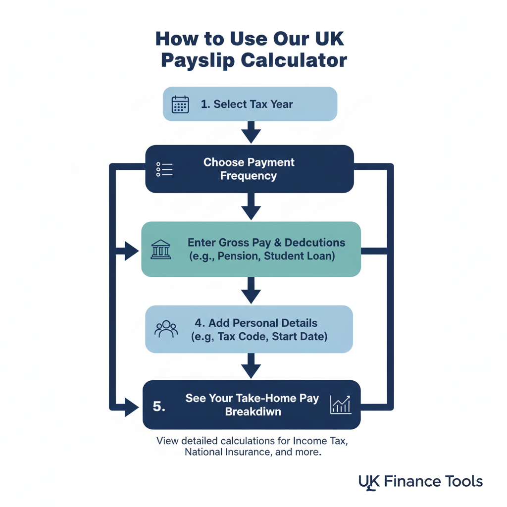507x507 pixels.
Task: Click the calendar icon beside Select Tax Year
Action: pyautogui.click(x=180, y=104)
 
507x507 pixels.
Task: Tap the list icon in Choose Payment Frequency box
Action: pyautogui.click(x=164, y=169)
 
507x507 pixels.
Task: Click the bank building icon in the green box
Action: pyautogui.click(x=160, y=249)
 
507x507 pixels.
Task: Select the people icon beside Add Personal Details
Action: pyautogui.click(x=166, y=329)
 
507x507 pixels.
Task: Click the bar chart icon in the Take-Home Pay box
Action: pyautogui.click(x=341, y=405)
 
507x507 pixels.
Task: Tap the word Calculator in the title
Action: pyautogui.click(x=294, y=60)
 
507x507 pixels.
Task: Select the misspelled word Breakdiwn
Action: pyautogui.click(x=253, y=411)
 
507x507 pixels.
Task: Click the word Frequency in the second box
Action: pyautogui.click(x=249, y=176)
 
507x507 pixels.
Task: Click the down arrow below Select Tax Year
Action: pyautogui.click(x=251, y=133)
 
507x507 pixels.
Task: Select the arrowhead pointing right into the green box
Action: pyautogui.click(x=132, y=251)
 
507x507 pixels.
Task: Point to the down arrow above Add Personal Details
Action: pyautogui.click(x=251, y=293)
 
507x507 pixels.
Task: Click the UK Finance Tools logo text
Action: pyautogui.click(x=420, y=481)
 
